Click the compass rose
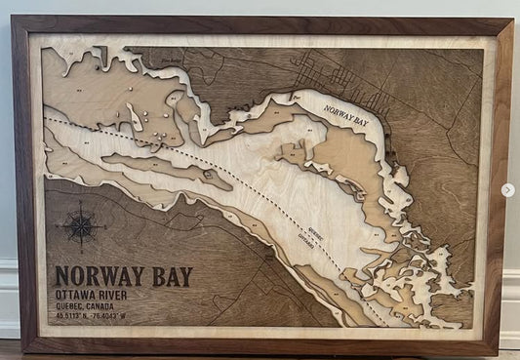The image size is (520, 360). [x=82, y=225]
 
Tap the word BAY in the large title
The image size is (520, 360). [x=169, y=277]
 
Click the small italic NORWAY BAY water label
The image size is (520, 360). [x=346, y=122]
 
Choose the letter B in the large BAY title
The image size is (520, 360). [x=156, y=277]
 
